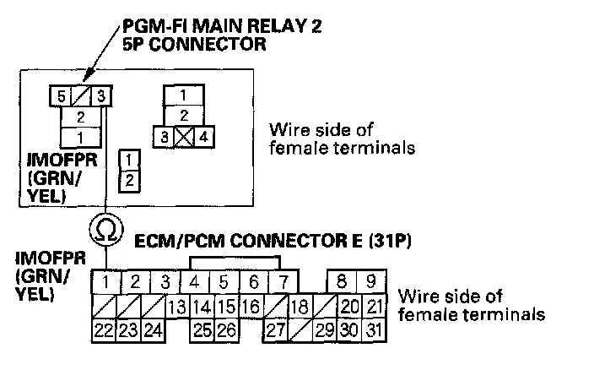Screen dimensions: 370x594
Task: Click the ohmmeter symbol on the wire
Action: (105, 228)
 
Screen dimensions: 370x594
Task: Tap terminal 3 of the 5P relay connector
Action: (101, 96)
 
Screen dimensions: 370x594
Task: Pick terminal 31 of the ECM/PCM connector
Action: (373, 329)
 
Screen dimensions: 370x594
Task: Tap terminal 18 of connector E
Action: (298, 305)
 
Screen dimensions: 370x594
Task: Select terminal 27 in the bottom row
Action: (273, 329)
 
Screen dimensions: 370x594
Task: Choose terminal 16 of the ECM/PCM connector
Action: (251, 305)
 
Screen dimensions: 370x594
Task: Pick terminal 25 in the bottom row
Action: (201, 329)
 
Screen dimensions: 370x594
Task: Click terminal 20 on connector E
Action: (349, 305)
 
